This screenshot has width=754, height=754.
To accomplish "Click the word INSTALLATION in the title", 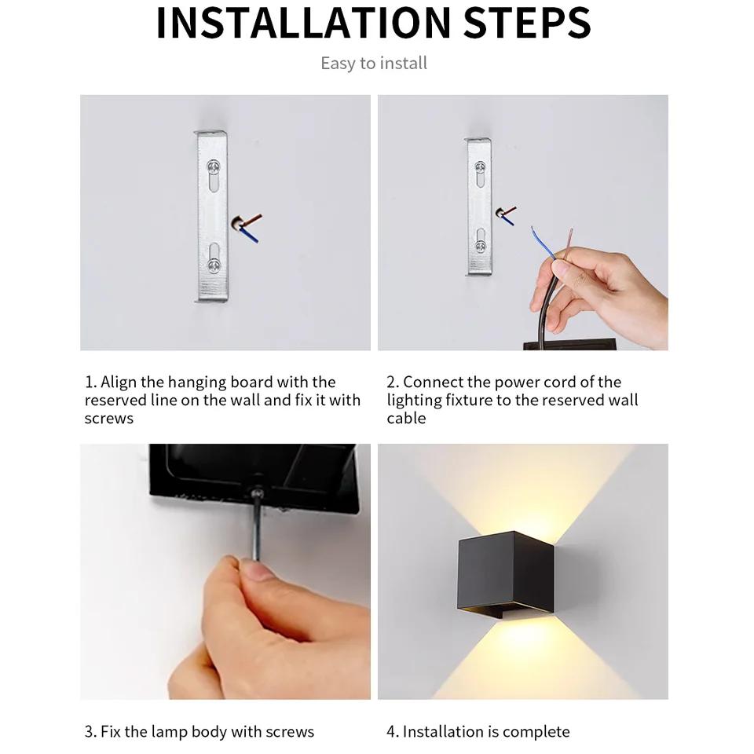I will [303, 23].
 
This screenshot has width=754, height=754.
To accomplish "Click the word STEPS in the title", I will [526, 23].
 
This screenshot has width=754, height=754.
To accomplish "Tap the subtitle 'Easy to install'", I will [374, 64].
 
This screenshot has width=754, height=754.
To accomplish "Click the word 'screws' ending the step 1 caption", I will [109, 419].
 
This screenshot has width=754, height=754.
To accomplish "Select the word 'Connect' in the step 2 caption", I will [433, 382].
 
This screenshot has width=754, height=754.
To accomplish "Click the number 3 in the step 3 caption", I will [90, 732].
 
